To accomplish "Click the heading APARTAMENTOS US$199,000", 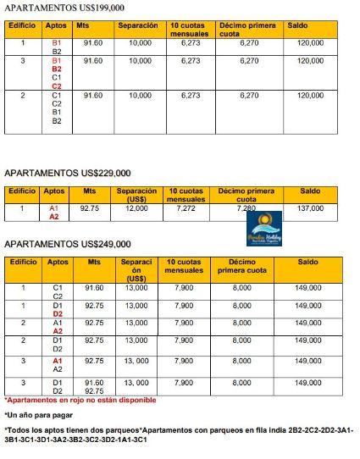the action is coord(58,8).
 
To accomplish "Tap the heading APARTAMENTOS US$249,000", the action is coord(68,244).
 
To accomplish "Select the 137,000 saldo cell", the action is coord(310,207).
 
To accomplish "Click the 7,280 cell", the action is coord(246,207).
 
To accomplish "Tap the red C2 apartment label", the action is coord(57,86).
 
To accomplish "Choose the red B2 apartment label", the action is coord(57,69).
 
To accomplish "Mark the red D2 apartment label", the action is coord(58,314).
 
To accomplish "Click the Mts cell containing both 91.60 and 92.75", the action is coord(94,386).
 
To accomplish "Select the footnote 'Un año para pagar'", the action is coord(38,415).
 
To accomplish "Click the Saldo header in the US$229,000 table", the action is coord(310,191).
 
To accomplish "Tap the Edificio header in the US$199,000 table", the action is coord(22,25).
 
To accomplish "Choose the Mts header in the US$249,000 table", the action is coord(94,263).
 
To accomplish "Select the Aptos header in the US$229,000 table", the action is coord(54,191).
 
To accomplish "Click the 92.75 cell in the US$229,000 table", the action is coord(90,207).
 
